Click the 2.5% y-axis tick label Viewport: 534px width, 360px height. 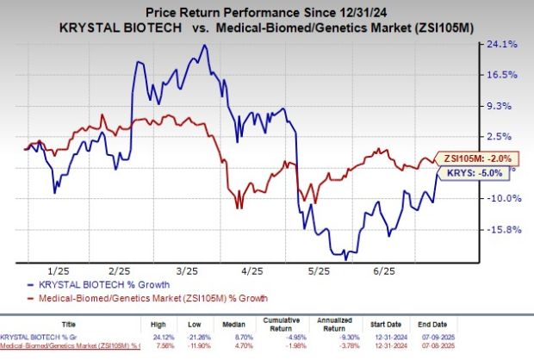pos(503,136)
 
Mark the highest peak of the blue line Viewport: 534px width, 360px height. pos(204,45)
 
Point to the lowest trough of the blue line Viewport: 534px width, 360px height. pos(345,258)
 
